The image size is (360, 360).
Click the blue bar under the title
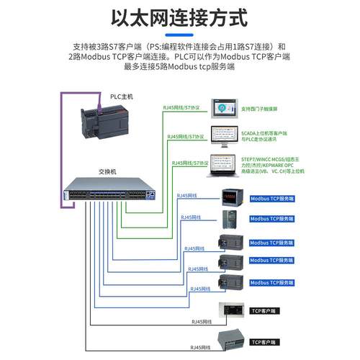[x=180, y=33]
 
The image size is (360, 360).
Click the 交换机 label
[x=107, y=173]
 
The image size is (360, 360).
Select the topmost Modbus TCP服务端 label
[x=274, y=197]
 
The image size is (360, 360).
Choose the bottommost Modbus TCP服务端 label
[x=274, y=282]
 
